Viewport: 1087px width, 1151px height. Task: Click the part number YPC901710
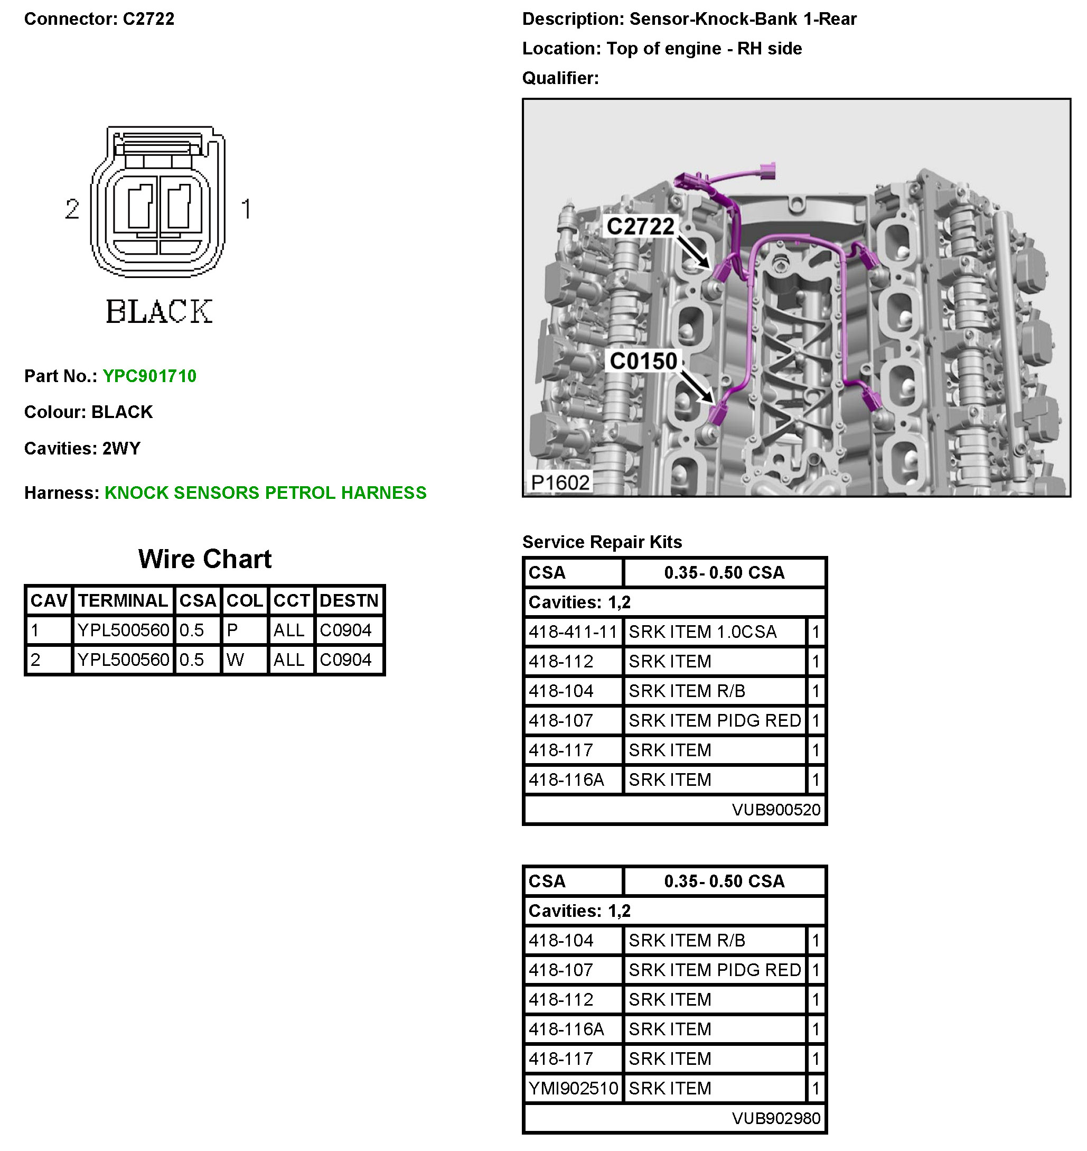(149, 376)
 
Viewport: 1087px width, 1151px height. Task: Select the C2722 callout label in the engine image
(640, 226)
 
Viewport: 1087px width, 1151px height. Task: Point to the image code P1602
(560, 482)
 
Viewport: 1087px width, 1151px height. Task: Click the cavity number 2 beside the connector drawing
(72, 209)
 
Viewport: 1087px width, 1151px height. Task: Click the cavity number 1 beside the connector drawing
(246, 209)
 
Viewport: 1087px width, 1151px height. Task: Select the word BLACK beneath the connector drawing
(160, 311)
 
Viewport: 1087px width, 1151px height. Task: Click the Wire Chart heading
(204, 559)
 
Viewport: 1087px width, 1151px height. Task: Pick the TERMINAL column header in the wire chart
(123, 600)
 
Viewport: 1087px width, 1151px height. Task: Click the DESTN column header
(349, 600)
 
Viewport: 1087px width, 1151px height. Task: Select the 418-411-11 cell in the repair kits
(573, 632)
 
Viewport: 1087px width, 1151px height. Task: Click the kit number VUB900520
(776, 810)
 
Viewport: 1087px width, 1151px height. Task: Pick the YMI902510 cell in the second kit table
(573, 1088)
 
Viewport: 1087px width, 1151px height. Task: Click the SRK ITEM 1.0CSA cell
(702, 632)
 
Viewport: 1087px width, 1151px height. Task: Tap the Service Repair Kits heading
(602, 542)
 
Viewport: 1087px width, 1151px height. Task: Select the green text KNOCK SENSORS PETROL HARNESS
(265, 493)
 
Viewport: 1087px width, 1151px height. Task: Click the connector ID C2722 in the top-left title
(148, 18)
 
